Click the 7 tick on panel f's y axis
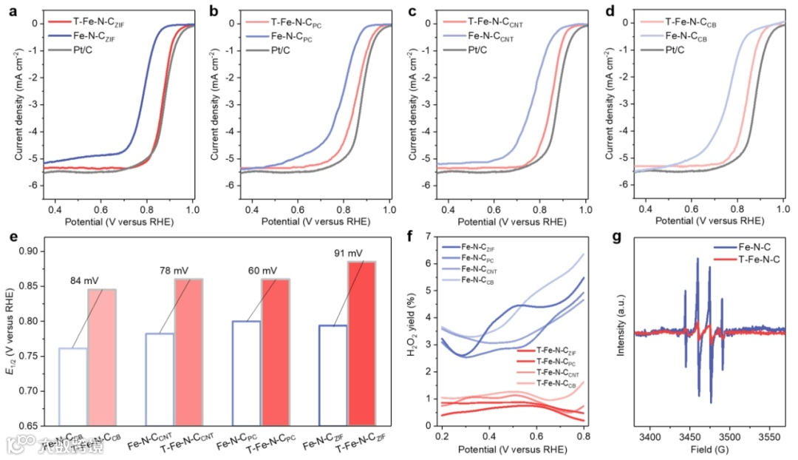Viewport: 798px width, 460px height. pyautogui.click(x=427, y=236)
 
